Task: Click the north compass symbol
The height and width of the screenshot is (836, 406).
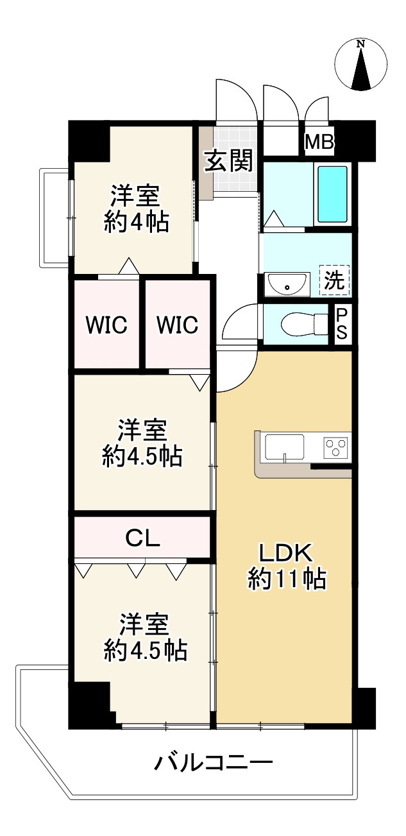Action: pos(361,64)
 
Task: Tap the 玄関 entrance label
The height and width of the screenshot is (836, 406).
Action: pos(228,161)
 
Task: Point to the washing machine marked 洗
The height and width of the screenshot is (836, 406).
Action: pos(334,280)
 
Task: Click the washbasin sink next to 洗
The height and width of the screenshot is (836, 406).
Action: pos(287,283)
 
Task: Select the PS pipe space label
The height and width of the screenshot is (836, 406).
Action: pos(342,325)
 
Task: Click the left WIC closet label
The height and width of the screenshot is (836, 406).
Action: pos(107,325)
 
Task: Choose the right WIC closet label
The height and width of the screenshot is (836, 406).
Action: pos(178,325)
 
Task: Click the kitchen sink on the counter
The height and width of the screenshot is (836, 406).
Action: pos(285,446)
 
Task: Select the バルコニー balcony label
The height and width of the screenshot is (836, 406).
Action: pos(214,763)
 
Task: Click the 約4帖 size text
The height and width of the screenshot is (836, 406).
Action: pos(137,221)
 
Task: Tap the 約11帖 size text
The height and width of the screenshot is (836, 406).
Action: pos(287,579)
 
